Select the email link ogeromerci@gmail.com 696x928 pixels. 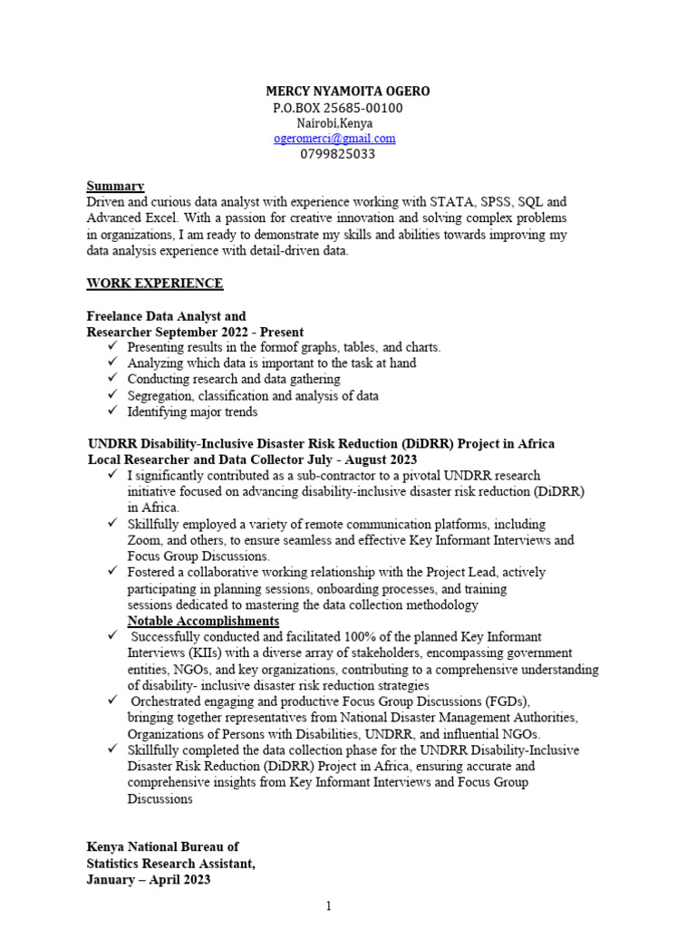click(x=334, y=139)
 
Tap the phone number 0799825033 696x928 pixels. click(x=337, y=154)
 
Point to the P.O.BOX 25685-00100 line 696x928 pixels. click(x=337, y=108)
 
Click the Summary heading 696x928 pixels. click(x=115, y=186)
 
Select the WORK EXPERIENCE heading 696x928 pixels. click(x=154, y=284)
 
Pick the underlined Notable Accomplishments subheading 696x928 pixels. click(x=203, y=621)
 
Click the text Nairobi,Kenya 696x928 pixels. click(x=334, y=123)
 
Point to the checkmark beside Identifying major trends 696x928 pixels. click(x=111, y=411)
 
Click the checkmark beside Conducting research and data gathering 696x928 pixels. click(x=111, y=379)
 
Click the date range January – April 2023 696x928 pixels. click(x=149, y=879)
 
